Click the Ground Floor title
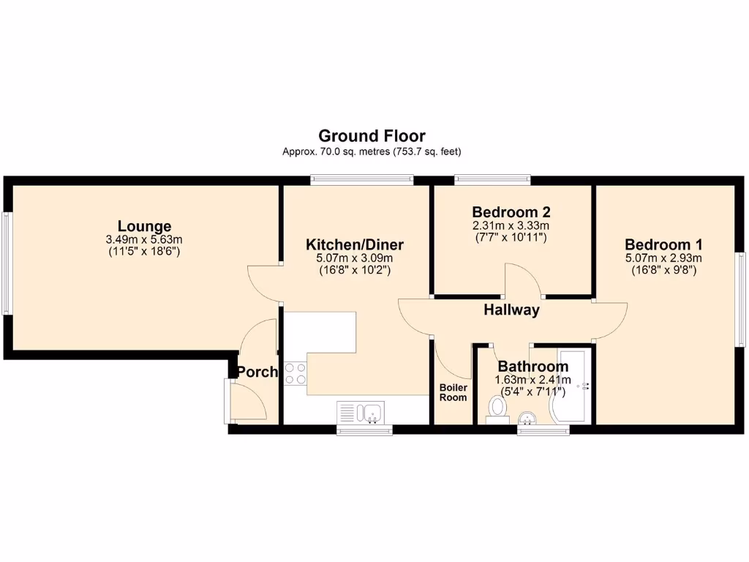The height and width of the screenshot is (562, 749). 372,135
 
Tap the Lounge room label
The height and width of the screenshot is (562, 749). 144,226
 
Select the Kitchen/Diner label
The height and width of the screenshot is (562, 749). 354,244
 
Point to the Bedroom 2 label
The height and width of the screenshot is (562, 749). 511,212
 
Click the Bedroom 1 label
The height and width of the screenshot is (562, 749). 663,244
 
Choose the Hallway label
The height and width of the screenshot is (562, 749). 511,310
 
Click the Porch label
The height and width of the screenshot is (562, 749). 257,372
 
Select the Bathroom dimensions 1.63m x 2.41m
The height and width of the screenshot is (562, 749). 532,380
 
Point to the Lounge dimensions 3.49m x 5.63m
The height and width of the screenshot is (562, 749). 144,239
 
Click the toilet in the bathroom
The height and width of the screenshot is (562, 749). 499,407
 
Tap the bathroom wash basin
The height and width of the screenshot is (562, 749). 527,418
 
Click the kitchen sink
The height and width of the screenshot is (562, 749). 361,413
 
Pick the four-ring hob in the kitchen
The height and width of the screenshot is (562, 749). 295,373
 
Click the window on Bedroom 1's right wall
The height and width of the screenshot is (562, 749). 740,299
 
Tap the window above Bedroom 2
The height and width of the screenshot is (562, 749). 492,178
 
